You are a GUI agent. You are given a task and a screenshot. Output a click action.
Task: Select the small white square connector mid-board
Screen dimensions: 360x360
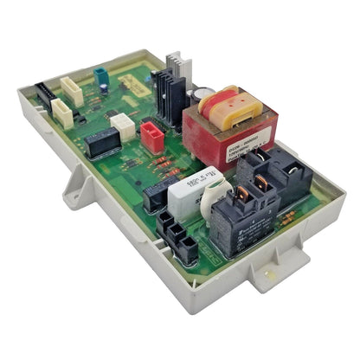(x=124, y=127)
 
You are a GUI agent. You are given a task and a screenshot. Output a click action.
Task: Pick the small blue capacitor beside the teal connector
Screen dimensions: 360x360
(x=106, y=86)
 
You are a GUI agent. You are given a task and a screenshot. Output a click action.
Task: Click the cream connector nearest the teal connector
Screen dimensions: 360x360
(x=73, y=91)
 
